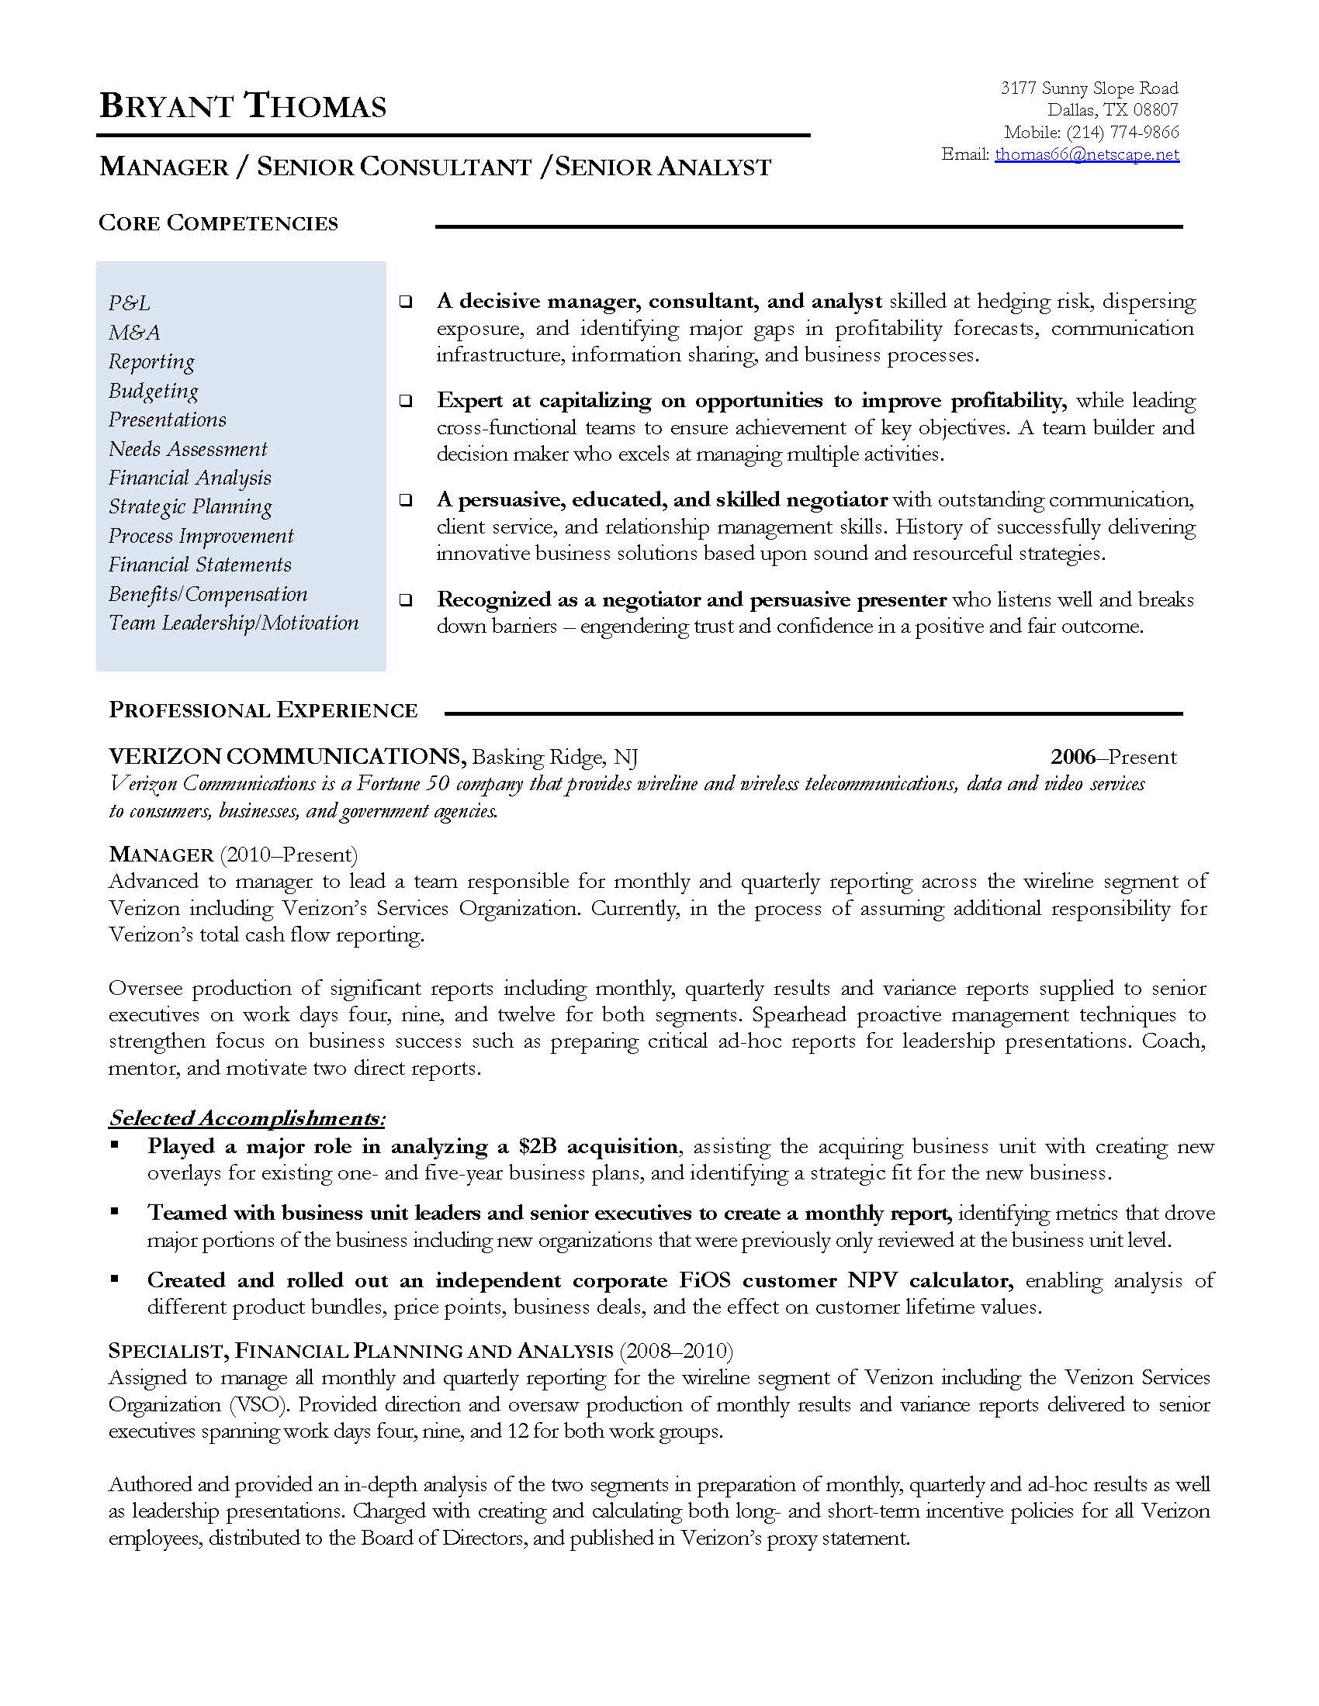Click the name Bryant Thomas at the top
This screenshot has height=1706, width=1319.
pos(243,106)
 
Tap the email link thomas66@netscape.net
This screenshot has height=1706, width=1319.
pos(1086,154)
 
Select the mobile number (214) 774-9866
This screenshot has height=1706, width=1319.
pos(1122,132)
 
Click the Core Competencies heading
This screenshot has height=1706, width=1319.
pos(218,223)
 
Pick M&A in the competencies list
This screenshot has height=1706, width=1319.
pos(134,333)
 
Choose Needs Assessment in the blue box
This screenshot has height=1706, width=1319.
pos(188,449)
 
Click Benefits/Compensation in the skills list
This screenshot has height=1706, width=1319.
pos(208,595)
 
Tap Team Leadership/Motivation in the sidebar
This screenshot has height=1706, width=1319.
pos(233,623)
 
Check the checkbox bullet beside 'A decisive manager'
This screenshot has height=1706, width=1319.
pos(406,302)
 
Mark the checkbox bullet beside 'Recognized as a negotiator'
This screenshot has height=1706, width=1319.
pos(406,600)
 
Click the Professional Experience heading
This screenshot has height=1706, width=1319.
pos(263,710)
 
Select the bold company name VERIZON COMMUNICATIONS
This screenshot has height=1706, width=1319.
pos(288,756)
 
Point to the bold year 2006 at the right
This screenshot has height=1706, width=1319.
pos(1072,756)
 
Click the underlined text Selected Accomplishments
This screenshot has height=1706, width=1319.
pos(247,1117)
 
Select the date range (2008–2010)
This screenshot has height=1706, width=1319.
pos(676,1351)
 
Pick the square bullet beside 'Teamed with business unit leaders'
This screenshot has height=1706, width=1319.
pos(115,1211)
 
